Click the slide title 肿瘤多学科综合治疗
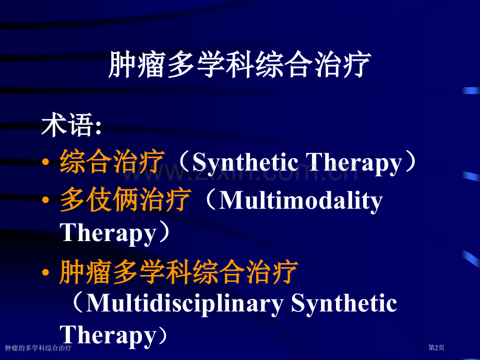click(x=239, y=65)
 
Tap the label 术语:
click(x=71, y=127)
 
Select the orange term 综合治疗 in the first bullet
click(x=113, y=162)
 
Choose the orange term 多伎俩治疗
click(x=126, y=201)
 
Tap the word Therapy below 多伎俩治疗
click(x=109, y=233)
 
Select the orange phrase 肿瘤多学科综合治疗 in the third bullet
click(x=178, y=272)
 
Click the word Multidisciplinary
click(x=185, y=304)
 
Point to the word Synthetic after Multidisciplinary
click(x=344, y=304)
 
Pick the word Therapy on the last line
click(x=109, y=335)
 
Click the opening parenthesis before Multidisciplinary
click(x=76, y=304)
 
